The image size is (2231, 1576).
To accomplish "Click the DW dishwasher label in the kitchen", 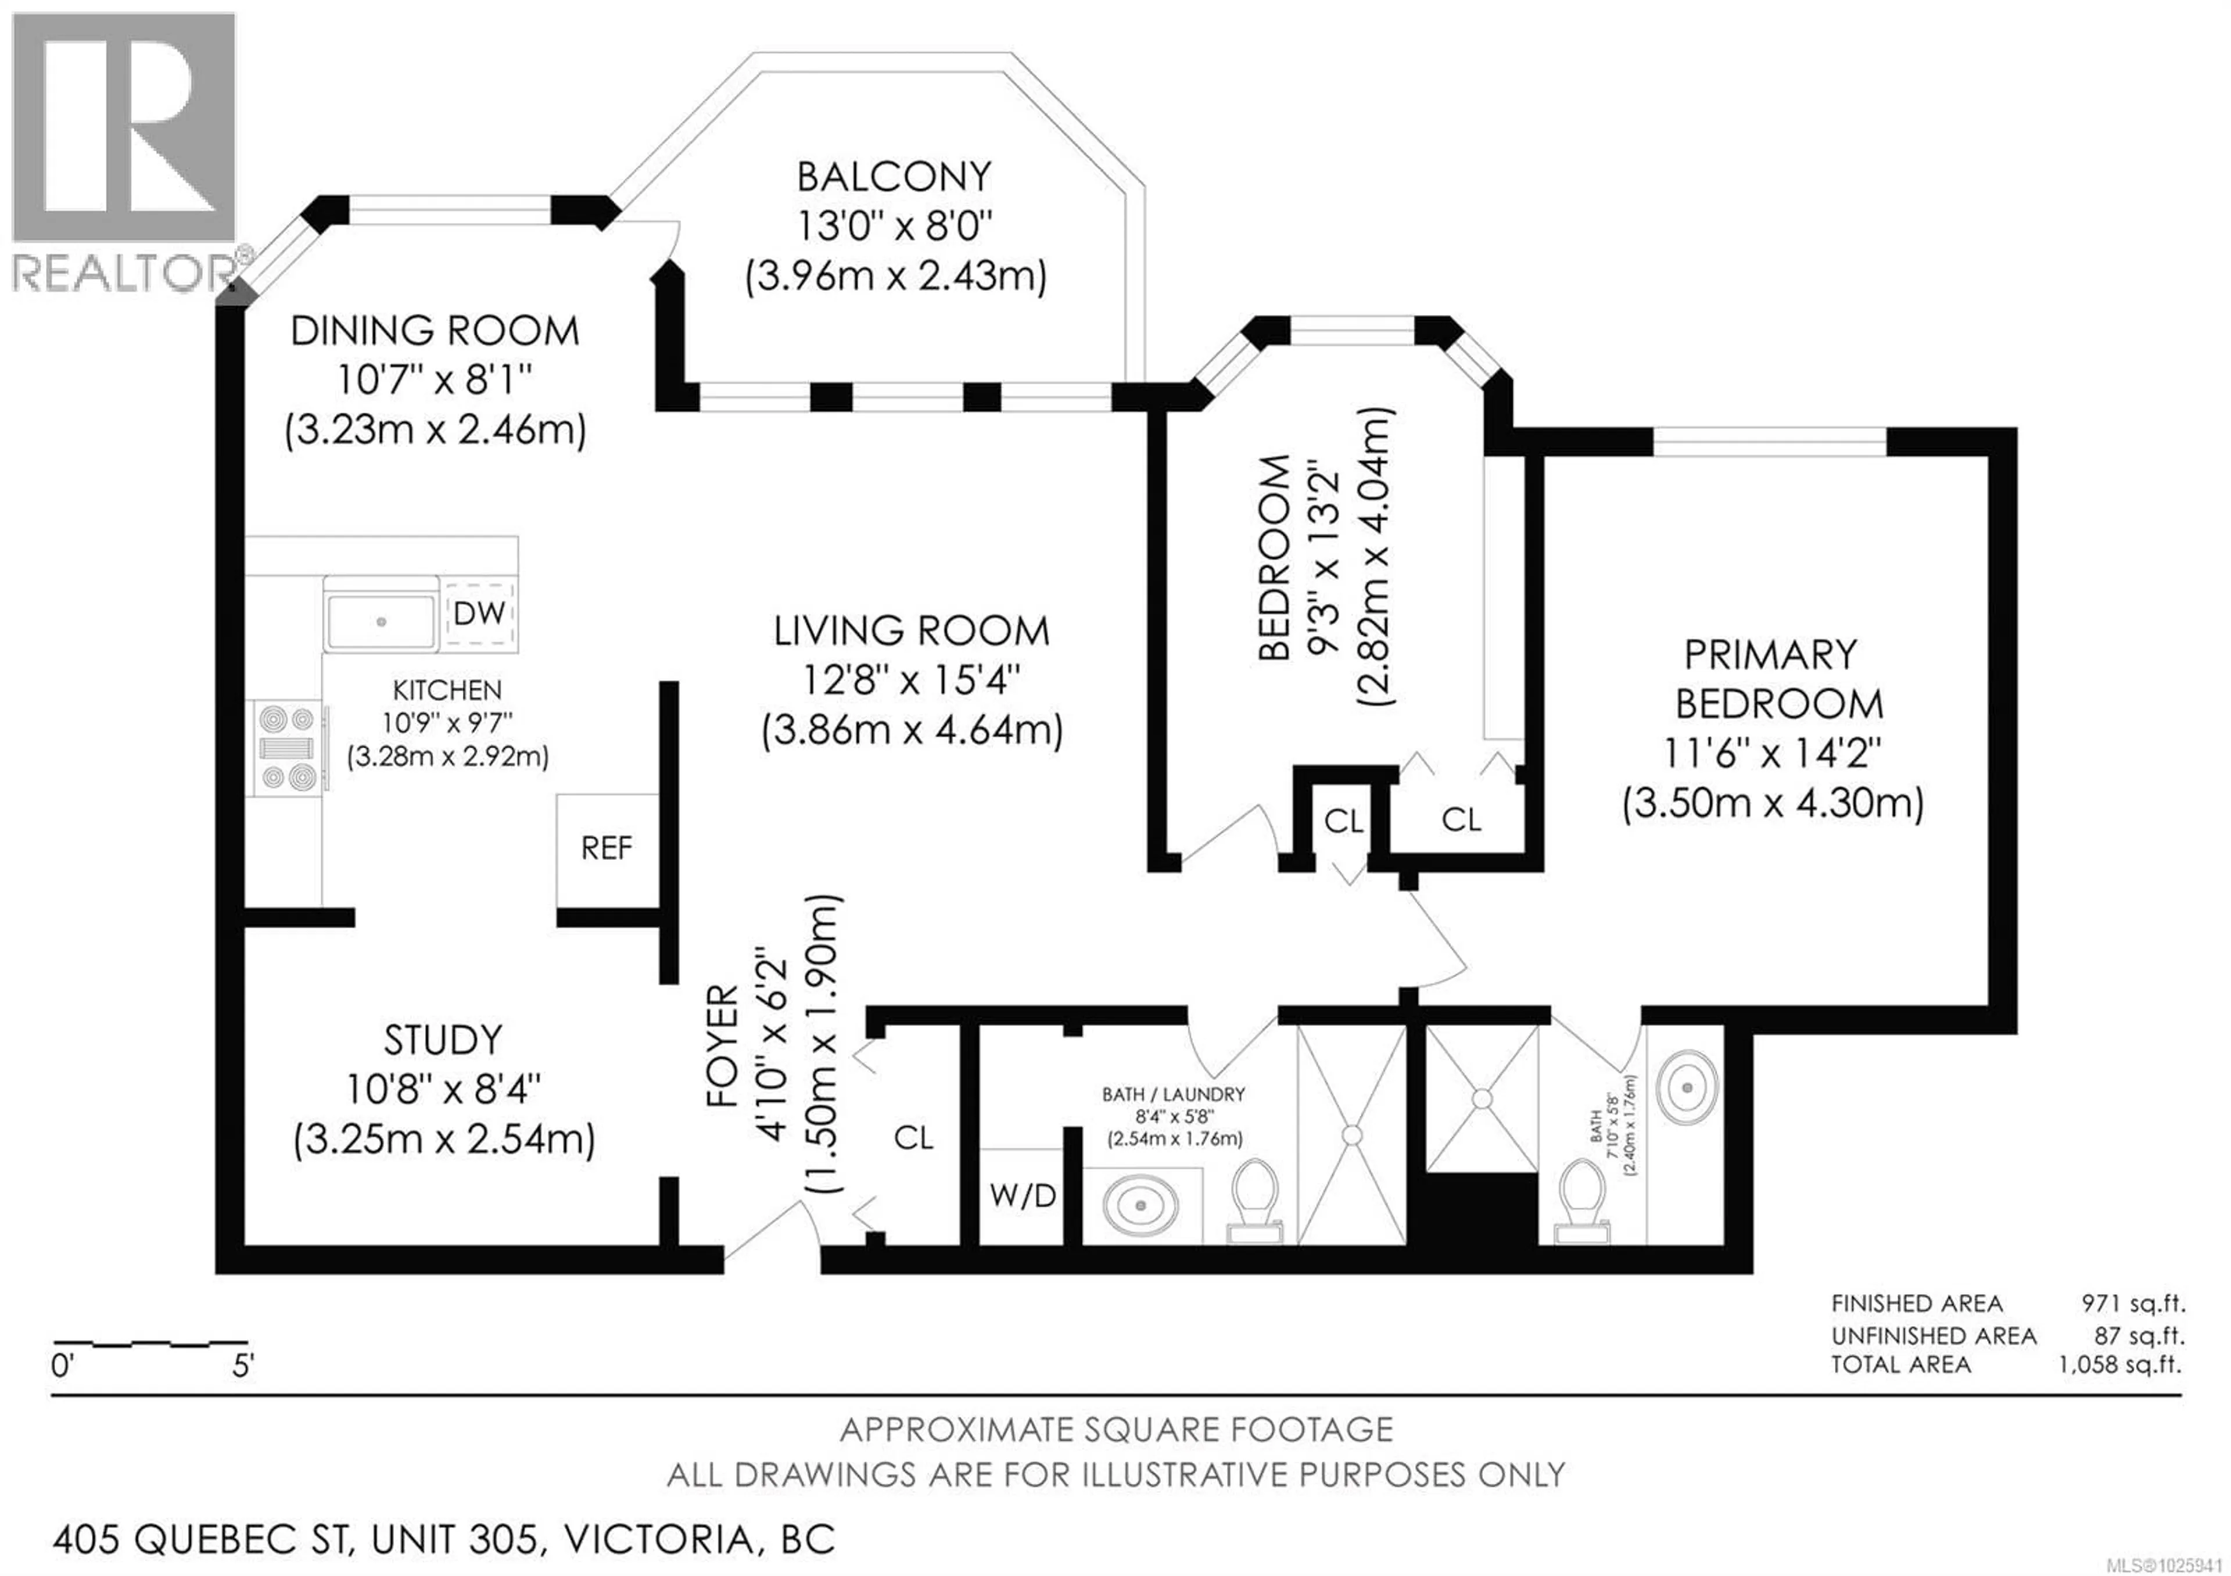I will [479, 613].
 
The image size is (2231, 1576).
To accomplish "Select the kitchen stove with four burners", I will [288, 748].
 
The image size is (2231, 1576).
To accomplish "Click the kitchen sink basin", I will [381, 621].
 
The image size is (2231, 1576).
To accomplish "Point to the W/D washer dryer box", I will [1022, 1196].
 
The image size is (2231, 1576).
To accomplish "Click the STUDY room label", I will [443, 1041].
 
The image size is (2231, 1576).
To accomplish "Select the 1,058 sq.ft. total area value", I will [2118, 1364].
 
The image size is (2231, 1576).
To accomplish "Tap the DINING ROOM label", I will [435, 331].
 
